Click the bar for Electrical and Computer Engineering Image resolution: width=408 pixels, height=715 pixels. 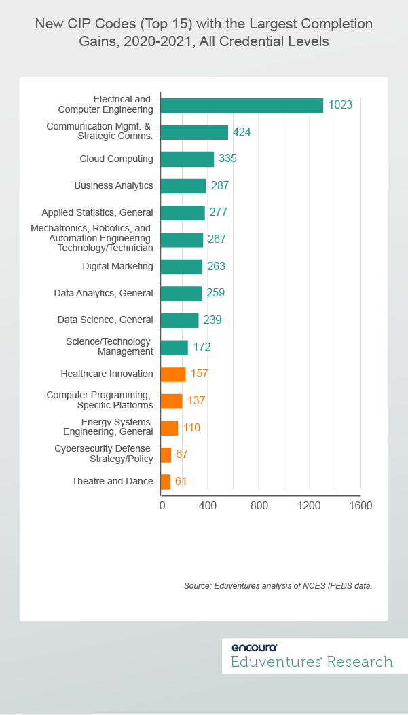click(242, 105)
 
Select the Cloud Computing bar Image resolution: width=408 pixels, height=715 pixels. click(187, 159)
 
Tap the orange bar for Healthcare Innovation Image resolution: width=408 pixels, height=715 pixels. click(173, 374)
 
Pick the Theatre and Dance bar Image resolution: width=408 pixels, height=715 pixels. click(166, 481)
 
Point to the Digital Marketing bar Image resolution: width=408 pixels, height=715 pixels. click(181, 267)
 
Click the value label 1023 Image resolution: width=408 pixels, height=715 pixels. click(341, 104)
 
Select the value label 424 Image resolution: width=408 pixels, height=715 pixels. click(242, 132)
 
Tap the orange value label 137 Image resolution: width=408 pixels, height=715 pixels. click(196, 400)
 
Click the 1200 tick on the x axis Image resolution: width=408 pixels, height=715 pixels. click(310, 506)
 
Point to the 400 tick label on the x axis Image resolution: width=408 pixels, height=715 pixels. click(208, 506)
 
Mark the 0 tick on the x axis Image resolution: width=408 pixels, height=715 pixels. click(162, 506)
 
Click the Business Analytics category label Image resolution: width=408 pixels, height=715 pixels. click(113, 185)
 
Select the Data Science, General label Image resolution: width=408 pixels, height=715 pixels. click(103, 320)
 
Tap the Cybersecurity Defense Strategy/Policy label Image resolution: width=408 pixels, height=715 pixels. click(103, 454)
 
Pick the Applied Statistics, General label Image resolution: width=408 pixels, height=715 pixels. click(97, 212)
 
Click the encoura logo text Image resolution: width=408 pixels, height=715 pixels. click(254, 647)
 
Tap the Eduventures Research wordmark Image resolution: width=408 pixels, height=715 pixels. click(312, 662)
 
